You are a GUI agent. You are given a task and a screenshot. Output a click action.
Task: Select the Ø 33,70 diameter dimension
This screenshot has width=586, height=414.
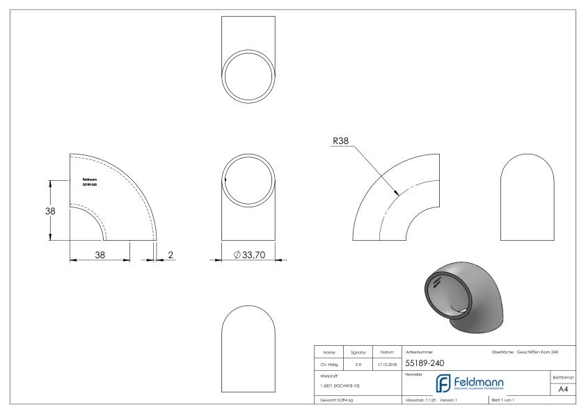click(250, 255)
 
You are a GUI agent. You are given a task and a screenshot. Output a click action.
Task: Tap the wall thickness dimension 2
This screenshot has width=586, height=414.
click(170, 255)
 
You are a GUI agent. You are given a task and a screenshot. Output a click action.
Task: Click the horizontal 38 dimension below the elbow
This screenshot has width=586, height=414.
click(100, 255)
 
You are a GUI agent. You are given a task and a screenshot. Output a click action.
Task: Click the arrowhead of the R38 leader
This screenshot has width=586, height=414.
click(397, 193)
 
